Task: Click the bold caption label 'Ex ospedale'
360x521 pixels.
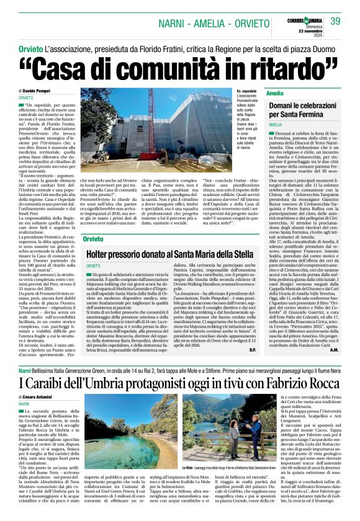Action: pos(248,91)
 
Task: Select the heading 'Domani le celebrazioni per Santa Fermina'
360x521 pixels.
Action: pos(302,110)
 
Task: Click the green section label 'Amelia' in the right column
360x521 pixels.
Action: pos(274,92)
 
